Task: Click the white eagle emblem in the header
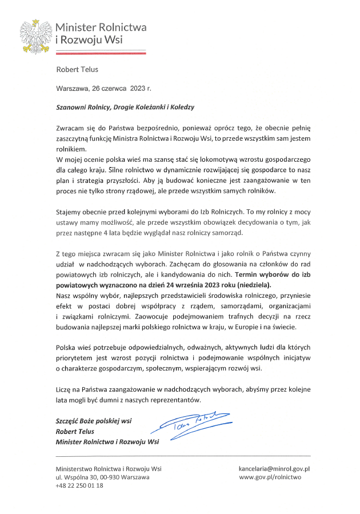pyautogui.click(x=36, y=35)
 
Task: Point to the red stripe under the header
pyautogui.click(x=101, y=53)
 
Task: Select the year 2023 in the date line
pyautogui.click(x=137, y=89)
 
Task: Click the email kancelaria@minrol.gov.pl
pyautogui.click(x=274, y=469)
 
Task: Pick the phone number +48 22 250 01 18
pyautogui.click(x=79, y=485)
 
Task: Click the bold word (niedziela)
pyautogui.click(x=253, y=284)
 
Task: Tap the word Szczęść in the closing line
pyautogui.click(x=68, y=421)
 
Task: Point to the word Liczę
pyautogui.click(x=64, y=389)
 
